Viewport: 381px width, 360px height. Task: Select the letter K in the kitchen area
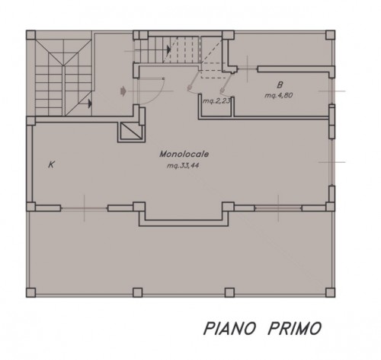tap(52, 164)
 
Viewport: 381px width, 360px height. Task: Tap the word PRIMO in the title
tap(293, 328)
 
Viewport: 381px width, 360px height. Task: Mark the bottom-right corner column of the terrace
tap(330, 292)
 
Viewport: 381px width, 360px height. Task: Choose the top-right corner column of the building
tap(330, 34)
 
